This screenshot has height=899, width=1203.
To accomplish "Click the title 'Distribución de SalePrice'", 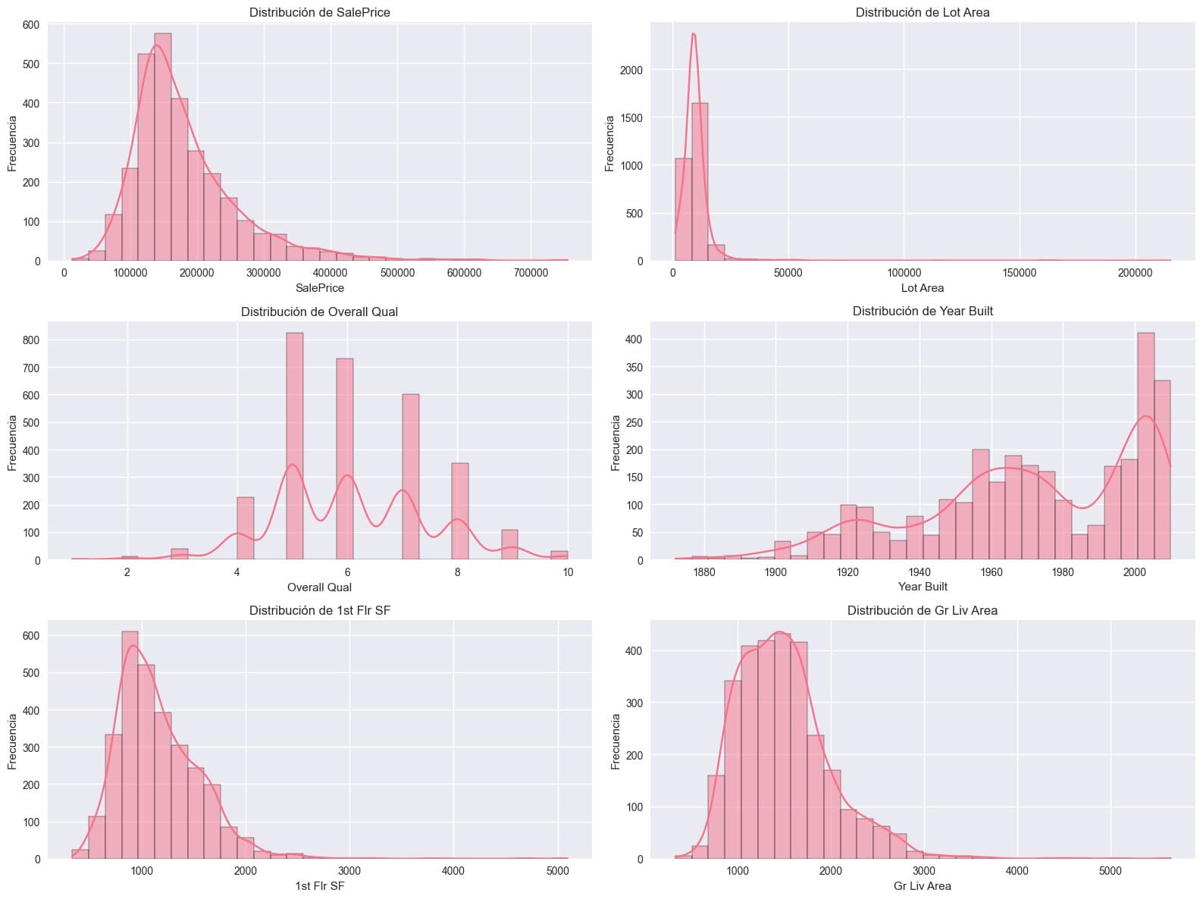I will [x=319, y=12].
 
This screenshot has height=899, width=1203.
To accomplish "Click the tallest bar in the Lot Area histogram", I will [x=700, y=182].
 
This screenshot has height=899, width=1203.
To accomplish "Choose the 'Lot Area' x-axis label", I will [x=922, y=288].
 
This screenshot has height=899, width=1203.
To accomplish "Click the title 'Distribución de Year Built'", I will [x=922, y=312].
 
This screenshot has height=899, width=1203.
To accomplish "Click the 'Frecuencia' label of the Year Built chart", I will [x=616, y=442].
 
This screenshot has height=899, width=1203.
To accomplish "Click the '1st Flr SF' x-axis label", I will [x=319, y=885].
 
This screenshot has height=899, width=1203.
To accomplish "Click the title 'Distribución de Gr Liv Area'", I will [x=922, y=610].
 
